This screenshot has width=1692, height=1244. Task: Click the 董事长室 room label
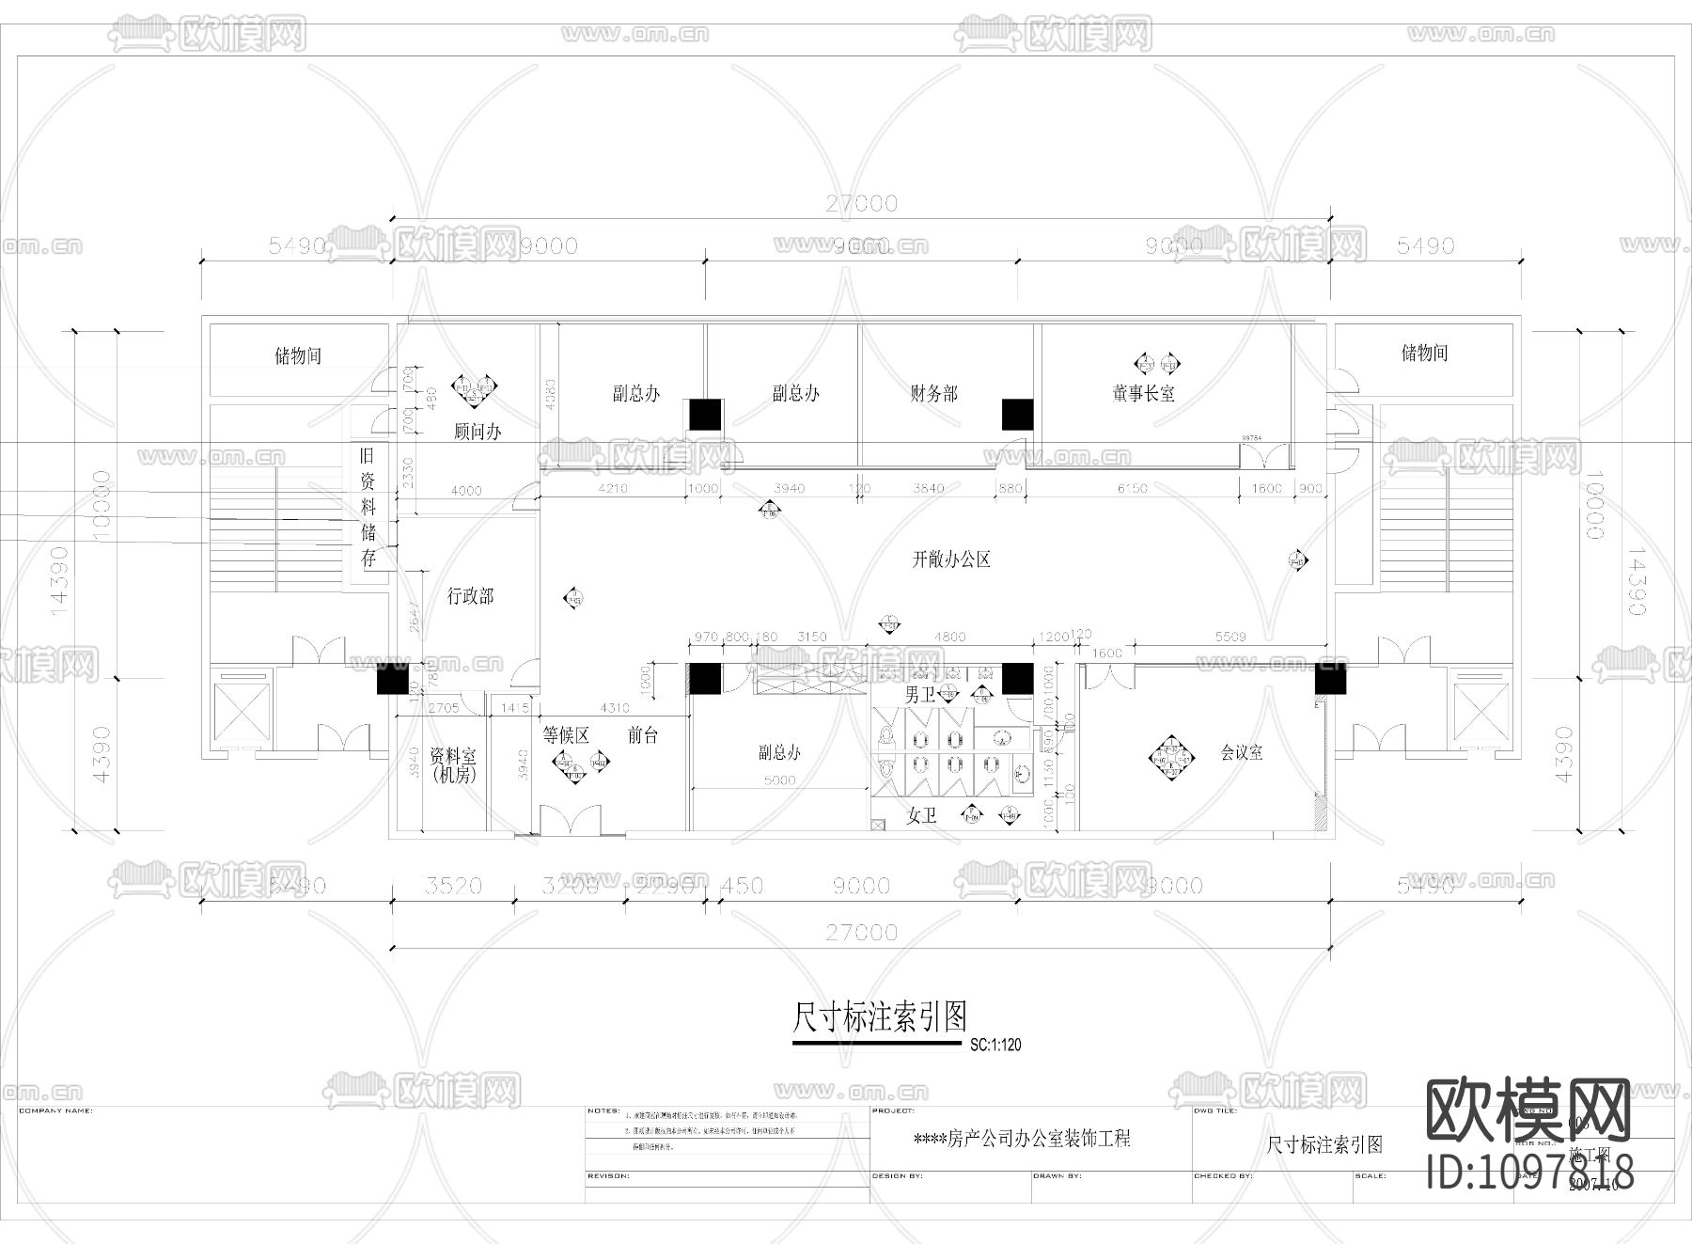tap(1144, 394)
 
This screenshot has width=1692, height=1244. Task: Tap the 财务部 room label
tap(933, 394)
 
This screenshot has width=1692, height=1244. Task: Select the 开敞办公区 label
tap(951, 559)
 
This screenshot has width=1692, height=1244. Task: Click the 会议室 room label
tap(1241, 752)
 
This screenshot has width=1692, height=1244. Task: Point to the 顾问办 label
tap(478, 432)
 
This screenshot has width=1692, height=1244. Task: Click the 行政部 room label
tap(470, 595)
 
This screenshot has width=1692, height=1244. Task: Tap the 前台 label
tap(643, 735)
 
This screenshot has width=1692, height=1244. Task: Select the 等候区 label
tap(566, 735)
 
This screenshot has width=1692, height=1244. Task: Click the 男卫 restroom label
tap(919, 696)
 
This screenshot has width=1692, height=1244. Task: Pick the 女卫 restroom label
tap(921, 815)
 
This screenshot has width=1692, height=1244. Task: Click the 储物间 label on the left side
tap(298, 355)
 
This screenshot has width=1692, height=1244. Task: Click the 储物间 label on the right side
tap(1424, 353)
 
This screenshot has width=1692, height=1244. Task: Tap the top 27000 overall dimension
tap(861, 203)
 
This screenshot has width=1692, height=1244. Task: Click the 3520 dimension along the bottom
tap(453, 886)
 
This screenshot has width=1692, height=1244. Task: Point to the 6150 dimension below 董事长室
tap(1133, 488)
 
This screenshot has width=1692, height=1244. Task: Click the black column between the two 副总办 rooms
tap(705, 415)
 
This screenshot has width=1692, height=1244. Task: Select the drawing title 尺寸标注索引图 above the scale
tap(879, 1016)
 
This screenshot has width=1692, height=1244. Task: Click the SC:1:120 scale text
tap(995, 1045)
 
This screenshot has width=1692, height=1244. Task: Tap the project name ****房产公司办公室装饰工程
tap(1022, 1139)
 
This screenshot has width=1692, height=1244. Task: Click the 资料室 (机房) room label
tap(453, 765)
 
